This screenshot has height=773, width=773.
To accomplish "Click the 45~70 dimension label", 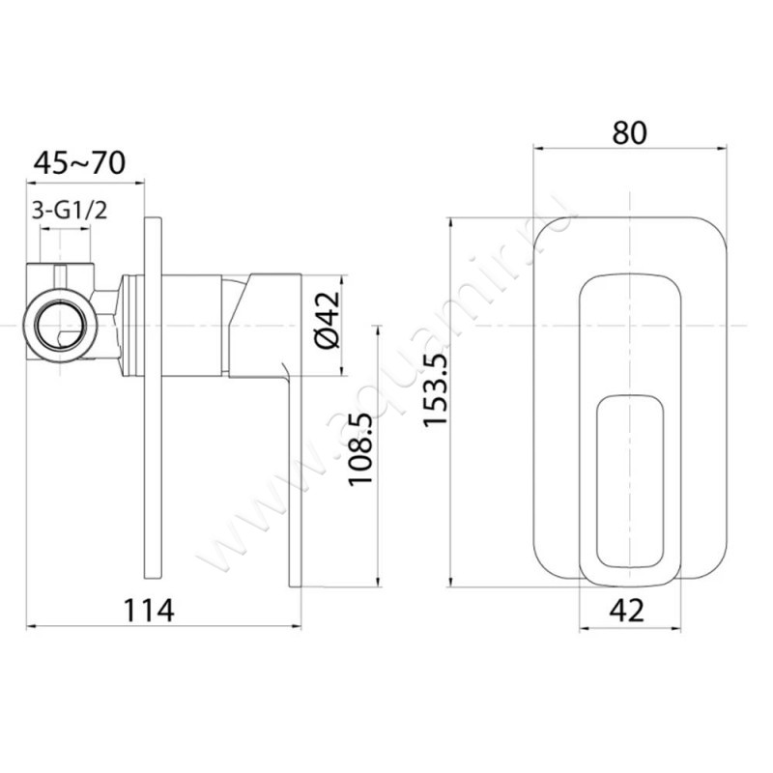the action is (x=79, y=163).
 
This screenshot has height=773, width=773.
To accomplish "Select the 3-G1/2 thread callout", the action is (x=69, y=211).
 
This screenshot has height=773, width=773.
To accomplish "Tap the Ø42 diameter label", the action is (x=329, y=320).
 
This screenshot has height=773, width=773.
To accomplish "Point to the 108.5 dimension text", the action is (x=360, y=449).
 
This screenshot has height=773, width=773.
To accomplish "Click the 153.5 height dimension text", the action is (x=436, y=389).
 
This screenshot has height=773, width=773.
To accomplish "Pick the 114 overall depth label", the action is (x=149, y=611).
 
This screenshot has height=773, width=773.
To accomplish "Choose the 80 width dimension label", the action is (x=630, y=132).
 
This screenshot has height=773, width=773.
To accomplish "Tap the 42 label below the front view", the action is (x=626, y=611).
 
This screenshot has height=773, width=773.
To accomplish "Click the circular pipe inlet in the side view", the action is (x=60, y=326).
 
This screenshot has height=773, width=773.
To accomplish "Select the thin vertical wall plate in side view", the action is (x=153, y=398).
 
